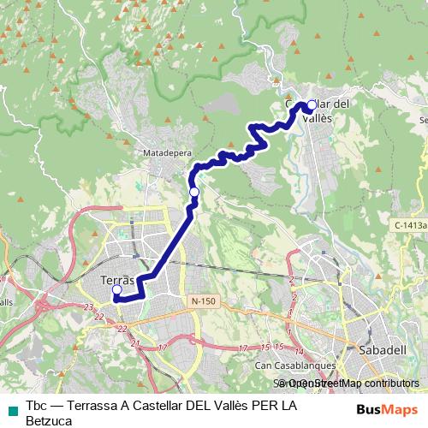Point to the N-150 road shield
click(x=204, y=301)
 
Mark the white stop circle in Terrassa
click(x=116, y=290)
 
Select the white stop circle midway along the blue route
click(x=194, y=192)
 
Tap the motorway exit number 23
click(x=89, y=306)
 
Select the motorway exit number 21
click(x=135, y=343)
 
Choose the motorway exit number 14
click(x=299, y=352)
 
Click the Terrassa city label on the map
click(x=117, y=280)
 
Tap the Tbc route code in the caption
click(x=36, y=405)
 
